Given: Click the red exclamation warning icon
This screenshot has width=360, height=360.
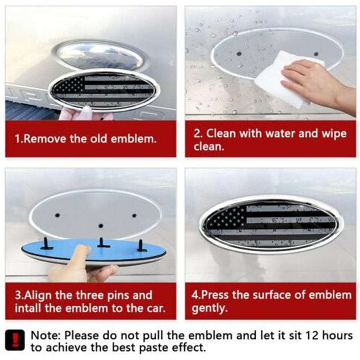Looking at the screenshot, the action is [x=15, y=340].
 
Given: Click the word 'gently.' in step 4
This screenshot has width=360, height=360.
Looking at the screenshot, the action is [x=210, y=308].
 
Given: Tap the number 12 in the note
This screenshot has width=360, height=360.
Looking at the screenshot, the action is [x=312, y=336].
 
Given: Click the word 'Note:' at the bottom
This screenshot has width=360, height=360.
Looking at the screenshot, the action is [x=45, y=336].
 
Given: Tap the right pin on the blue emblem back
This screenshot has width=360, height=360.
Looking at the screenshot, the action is [x=140, y=245].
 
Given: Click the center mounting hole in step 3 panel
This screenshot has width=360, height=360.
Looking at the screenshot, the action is [x=100, y=226].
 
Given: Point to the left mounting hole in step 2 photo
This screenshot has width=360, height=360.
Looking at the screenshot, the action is [x=239, y=54].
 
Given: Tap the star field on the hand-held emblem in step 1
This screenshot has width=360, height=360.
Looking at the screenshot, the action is [x=70, y=85].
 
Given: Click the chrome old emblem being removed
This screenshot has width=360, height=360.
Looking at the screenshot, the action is [x=101, y=55].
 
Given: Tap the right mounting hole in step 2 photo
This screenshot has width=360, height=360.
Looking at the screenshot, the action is [x=316, y=54].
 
